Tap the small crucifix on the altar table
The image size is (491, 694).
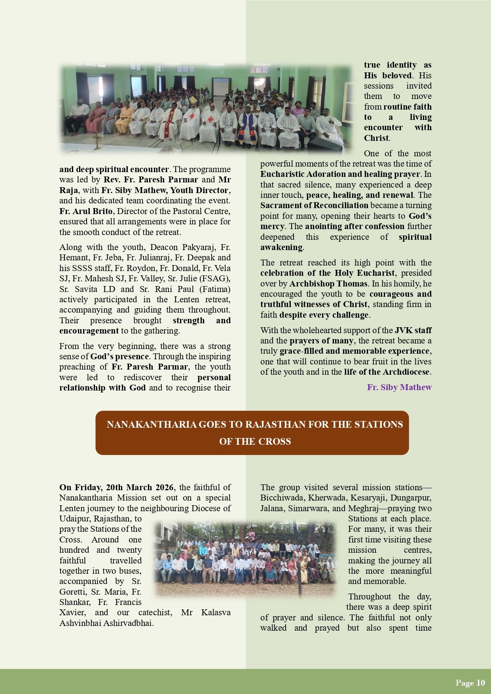pos(97,140)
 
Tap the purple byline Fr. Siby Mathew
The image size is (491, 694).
pos(399,387)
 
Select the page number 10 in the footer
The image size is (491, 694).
pos(480,683)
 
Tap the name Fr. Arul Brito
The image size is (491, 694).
pos(86,211)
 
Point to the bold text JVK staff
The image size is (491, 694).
pos(413,330)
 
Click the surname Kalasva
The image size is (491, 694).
pos(216,612)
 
